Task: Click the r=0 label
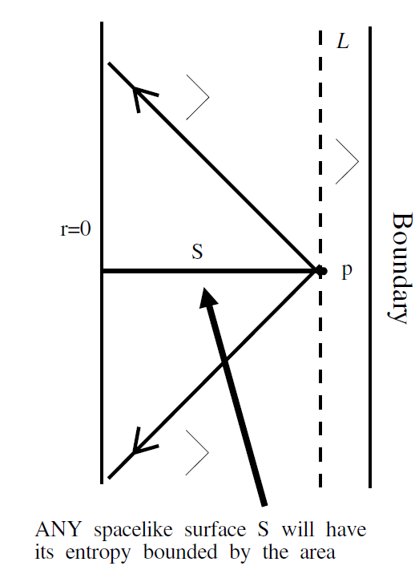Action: [75, 229]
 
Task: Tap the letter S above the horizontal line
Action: [197, 252]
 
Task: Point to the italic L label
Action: [343, 41]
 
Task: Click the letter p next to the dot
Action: [347, 272]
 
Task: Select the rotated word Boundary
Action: [401, 268]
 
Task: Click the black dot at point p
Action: [321, 271]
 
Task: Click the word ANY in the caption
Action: [58, 529]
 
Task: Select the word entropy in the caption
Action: [98, 553]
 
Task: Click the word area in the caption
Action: [317, 553]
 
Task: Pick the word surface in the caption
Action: [216, 529]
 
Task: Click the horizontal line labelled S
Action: [209, 271]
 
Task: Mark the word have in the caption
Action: [346, 529]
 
